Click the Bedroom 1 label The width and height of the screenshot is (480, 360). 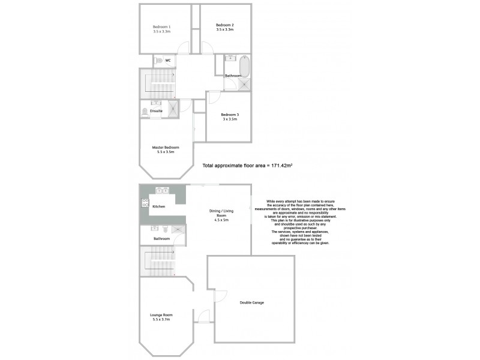[161, 26]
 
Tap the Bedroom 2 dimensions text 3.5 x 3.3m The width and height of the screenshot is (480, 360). [225, 30]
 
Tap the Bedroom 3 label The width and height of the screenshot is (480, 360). [229, 115]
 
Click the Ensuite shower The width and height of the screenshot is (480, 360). [172, 109]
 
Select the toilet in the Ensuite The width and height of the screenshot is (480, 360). [145, 111]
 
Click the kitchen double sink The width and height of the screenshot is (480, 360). [163, 191]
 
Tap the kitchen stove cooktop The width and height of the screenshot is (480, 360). [145, 203]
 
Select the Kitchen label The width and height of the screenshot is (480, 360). [158, 206]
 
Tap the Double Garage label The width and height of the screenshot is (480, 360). [251, 302]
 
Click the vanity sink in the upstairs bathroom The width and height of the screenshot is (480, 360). [230, 58]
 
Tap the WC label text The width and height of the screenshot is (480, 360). [169, 61]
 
